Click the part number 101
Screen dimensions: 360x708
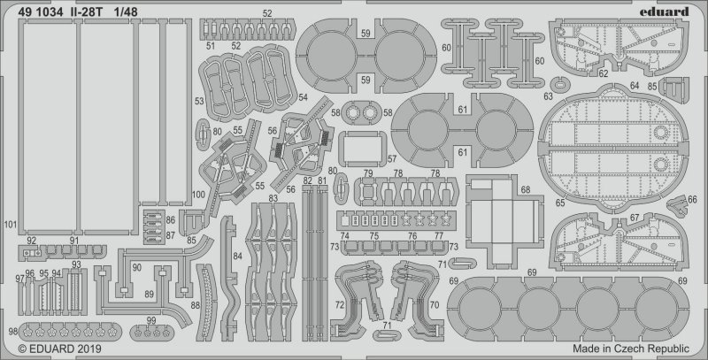[10, 224]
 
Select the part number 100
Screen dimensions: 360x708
[197, 194]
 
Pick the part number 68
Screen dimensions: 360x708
[526, 190]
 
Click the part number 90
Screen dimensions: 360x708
[135, 267]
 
